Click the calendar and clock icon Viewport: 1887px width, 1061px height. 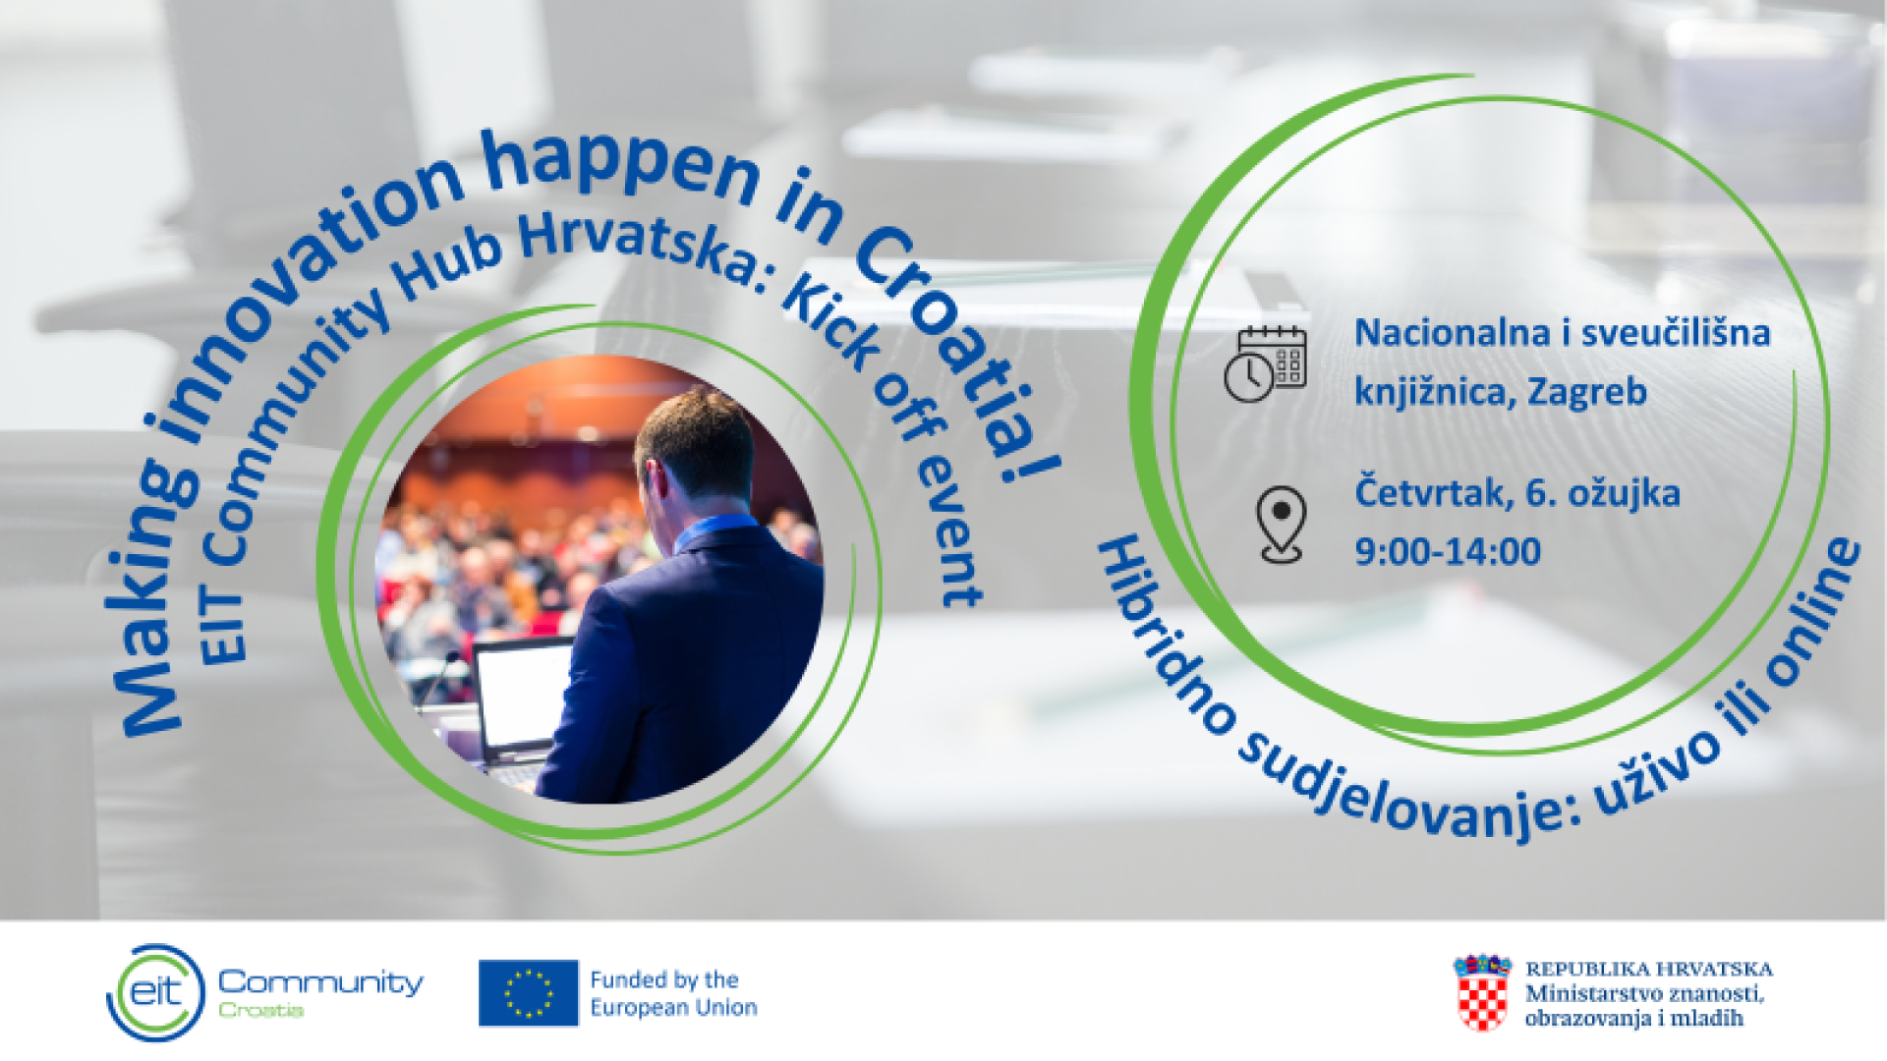point(1265,363)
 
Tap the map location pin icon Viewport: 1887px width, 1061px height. point(1281,524)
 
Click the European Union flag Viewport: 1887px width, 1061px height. point(528,992)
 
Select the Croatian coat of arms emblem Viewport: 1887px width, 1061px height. point(1482,992)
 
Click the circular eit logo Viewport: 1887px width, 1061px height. point(155,992)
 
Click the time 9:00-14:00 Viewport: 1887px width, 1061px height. point(1447,551)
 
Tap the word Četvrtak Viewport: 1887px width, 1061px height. point(1434,492)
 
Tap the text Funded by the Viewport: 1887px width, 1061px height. point(663,979)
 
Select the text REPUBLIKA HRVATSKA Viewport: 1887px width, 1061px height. point(1648,969)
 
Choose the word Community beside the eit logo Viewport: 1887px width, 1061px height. point(320,981)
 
